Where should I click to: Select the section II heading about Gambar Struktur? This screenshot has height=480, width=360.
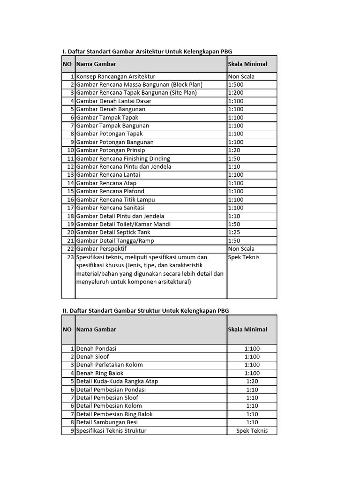146,310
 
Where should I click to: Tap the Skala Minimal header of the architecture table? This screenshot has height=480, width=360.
247,64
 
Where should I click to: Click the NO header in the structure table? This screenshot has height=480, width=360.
67,330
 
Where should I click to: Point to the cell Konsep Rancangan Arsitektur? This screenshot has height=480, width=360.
116,76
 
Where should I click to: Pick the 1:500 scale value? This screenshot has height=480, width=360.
236,84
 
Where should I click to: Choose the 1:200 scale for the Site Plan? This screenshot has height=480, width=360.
236,93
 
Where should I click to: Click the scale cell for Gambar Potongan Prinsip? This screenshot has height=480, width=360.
234,150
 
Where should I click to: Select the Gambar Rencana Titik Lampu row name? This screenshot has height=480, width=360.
116,200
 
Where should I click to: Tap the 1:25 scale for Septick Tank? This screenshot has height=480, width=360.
234,232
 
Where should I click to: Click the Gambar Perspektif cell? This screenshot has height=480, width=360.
101,249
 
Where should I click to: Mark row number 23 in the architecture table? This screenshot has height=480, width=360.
71,257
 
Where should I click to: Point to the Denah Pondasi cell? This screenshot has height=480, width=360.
97,349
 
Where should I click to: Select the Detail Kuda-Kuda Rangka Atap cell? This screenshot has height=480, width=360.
117,382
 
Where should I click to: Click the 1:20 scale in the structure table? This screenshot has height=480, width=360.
252,382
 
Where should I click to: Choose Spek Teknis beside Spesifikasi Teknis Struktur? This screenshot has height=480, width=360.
252,431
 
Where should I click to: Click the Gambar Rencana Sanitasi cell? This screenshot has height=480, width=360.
110,208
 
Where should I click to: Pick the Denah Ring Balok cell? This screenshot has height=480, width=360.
100,373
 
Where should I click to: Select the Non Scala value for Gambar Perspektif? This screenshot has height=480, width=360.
241,249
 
